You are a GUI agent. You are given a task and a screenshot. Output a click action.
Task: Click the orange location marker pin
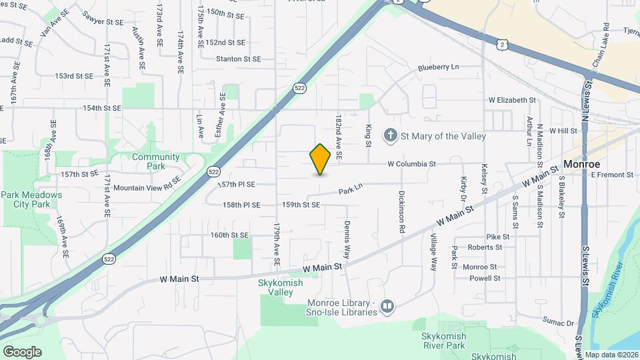pos(321,159)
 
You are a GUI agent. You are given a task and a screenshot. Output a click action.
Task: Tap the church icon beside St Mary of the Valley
pos(390,136)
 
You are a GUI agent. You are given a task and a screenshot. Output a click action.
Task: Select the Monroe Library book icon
pos(387,307)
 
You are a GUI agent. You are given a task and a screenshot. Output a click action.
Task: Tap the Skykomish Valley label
pos(280,287)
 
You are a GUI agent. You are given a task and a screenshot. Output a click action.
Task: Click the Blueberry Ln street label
pos(439,67)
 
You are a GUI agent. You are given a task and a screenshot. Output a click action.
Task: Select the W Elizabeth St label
pos(512,100)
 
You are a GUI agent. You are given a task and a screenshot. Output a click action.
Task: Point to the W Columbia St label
pos(411,163)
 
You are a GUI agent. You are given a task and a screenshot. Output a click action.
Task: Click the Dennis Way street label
pos(347,240)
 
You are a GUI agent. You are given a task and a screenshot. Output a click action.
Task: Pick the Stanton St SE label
pos(238,59)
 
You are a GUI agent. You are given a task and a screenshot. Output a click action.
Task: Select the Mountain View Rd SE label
pos(147,188)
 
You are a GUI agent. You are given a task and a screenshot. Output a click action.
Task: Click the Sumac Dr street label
pos(558,323)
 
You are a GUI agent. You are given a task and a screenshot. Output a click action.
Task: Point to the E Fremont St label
pos(611,175)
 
